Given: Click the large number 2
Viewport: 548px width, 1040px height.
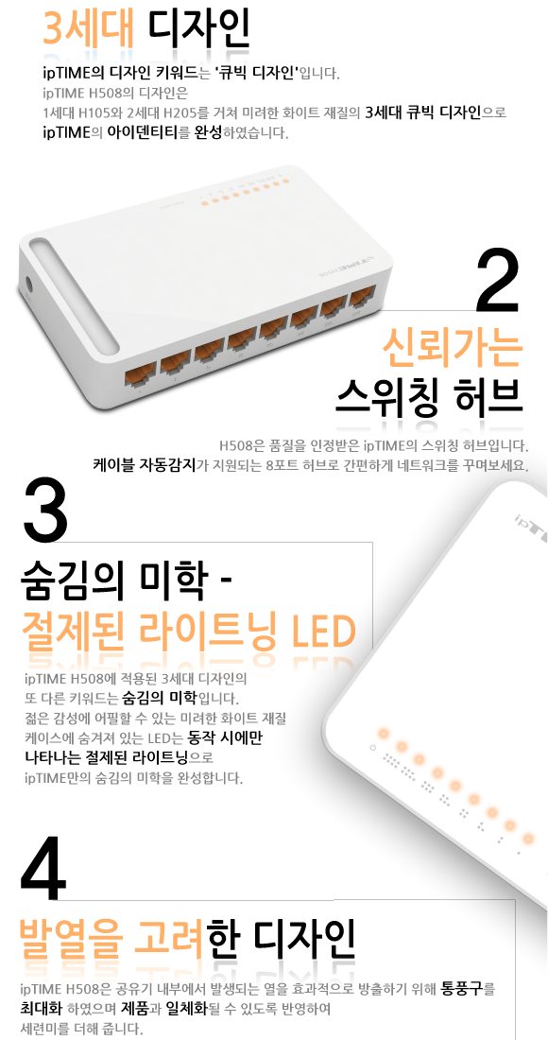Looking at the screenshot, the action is tap(497, 281).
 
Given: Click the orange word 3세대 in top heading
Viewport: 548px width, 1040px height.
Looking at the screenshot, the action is tap(88, 27).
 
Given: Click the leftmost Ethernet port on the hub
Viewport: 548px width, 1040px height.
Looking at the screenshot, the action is tap(140, 374).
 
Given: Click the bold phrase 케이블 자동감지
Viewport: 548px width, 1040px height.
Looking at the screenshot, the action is tap(146, 464).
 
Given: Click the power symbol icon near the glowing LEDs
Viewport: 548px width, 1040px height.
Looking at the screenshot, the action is tap(373, 748).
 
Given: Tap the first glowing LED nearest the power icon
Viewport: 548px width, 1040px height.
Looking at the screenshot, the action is tap(383, 734).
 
